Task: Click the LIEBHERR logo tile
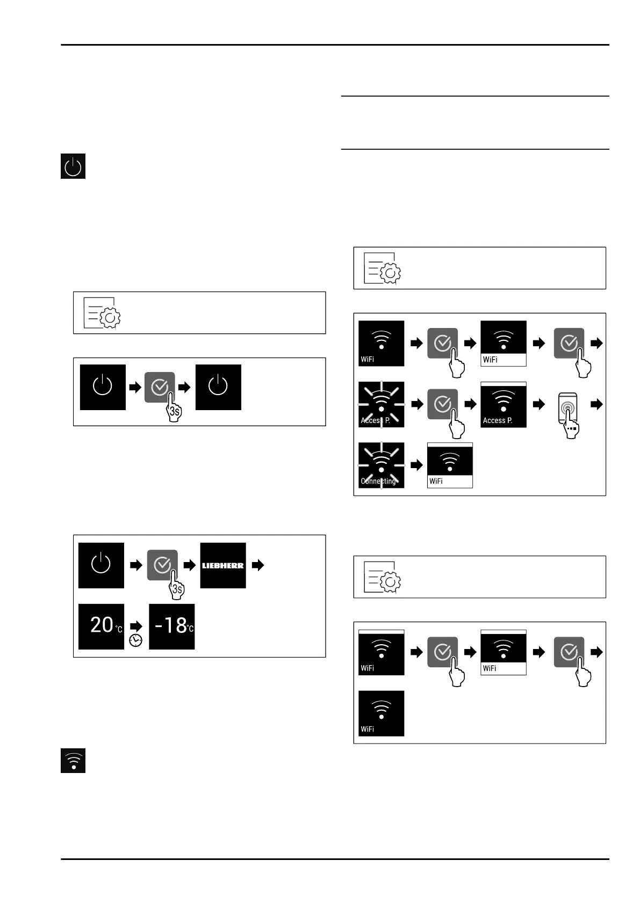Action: pyautogui.click(x=223, y=565)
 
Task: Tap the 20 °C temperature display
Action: pyautogui.click(x=102, y=626)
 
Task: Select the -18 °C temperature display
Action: pyautogui.click(x=171, y=626)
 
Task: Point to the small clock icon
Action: pyautogui.click(x=136, y=640)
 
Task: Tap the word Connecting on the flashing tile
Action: pyautogui.click(x=378, y=481)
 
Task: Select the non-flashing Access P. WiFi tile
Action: pyautogui.click(x=504, y=405)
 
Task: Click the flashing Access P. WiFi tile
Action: pyautogui.click(x=381, y=405)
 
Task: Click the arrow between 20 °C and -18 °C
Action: pyautogui.click(x=136, y=626)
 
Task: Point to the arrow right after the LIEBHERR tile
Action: pyautogui.click(x=258, y=565)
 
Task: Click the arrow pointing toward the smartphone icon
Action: pyautogui.click(x=539, y=405)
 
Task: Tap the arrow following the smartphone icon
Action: pyautogui.click(x=596, y=405)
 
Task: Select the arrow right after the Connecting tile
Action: pyautogui.click(x=416, y=465)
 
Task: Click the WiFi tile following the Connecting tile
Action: pyautogui.click(x=450, y=465)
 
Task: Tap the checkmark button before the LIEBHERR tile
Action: pyautogui.click(x=162, y=565)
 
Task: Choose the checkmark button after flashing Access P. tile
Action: pyautogui.click(x=442, y=404)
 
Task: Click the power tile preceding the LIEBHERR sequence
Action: pyautogui.click(x=102, y=565)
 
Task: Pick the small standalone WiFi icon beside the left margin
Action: pyautogui.click(x=73, y=760)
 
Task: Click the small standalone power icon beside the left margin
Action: pyautogui.click(x=73, y=166)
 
